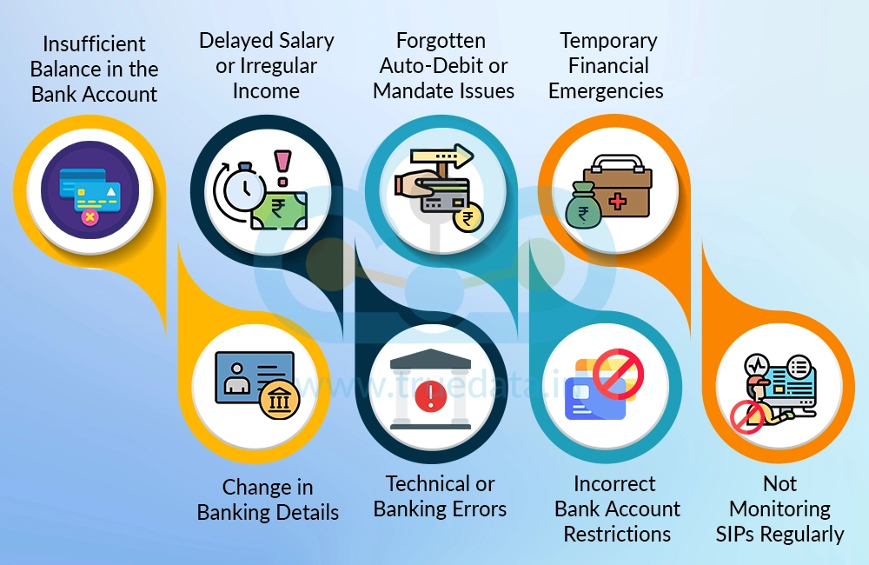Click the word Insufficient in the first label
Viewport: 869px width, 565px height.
coord(94,43)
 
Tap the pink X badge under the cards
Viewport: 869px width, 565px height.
coord(90,217)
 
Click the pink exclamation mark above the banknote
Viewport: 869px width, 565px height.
coord(282,168)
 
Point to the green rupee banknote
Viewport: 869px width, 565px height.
coord(279,209)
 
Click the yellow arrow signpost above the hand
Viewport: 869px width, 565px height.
coord(441,157)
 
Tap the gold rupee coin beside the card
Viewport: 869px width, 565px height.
coord(468,217)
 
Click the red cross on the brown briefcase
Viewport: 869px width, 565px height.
coord(617,201)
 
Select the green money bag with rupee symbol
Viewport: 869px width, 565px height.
coord(583,206)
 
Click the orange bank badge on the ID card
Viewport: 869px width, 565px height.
coord(279,399)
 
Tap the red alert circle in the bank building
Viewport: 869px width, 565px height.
coord(431,397)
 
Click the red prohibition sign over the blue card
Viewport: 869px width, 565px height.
coord(618,374)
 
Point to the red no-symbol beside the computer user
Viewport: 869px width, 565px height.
coord(747,417)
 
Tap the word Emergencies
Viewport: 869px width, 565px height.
coord(606,91)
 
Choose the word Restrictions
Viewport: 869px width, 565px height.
coord(617,534)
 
